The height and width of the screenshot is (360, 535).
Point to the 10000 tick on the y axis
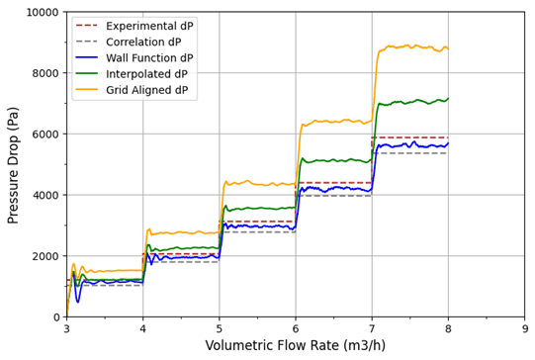(39, 12)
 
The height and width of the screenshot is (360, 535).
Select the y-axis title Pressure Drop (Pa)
(14, 164)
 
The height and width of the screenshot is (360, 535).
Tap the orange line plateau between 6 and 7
(336, 122)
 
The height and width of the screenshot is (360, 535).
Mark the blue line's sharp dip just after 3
(78, 301)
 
